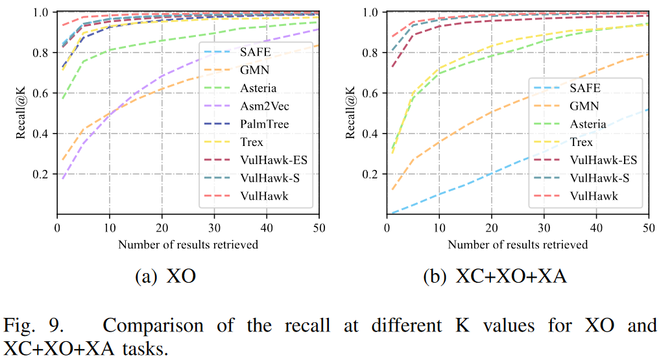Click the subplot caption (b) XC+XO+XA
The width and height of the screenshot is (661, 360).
click(495, 277)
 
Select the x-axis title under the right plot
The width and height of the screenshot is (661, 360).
click(518, 245)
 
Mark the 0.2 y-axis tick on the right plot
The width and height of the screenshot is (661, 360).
click(372, 174)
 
